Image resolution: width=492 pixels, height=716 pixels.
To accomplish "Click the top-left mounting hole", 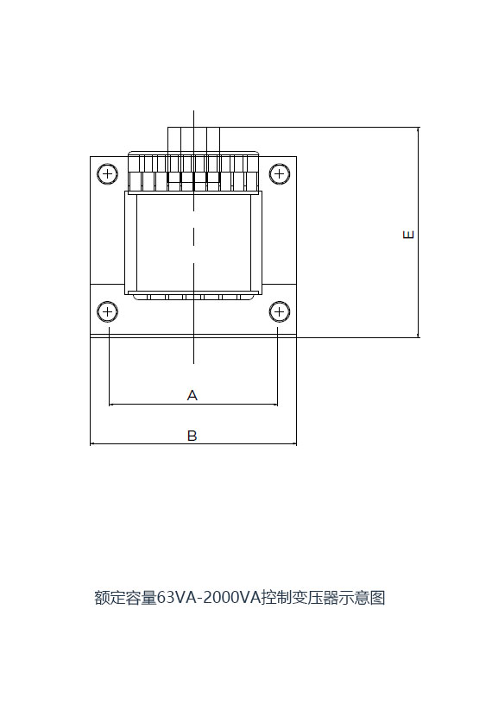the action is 107,174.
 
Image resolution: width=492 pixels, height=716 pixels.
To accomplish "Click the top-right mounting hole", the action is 279,174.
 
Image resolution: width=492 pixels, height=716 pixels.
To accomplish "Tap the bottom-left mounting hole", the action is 107,312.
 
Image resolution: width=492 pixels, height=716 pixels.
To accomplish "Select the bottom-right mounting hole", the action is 279,312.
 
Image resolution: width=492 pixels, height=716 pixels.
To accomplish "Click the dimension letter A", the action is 192,395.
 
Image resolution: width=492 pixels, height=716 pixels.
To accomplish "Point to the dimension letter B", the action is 192,436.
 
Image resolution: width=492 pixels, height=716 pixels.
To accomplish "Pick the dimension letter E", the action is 408,235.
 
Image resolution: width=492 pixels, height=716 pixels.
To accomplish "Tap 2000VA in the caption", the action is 231,597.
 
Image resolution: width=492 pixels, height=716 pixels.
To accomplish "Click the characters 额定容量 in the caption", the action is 125,597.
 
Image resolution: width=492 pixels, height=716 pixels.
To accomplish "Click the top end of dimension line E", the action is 418,128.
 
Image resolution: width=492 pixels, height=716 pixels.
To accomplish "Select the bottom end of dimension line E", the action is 418,337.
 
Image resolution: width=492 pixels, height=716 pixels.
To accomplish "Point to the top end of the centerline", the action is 193,110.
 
